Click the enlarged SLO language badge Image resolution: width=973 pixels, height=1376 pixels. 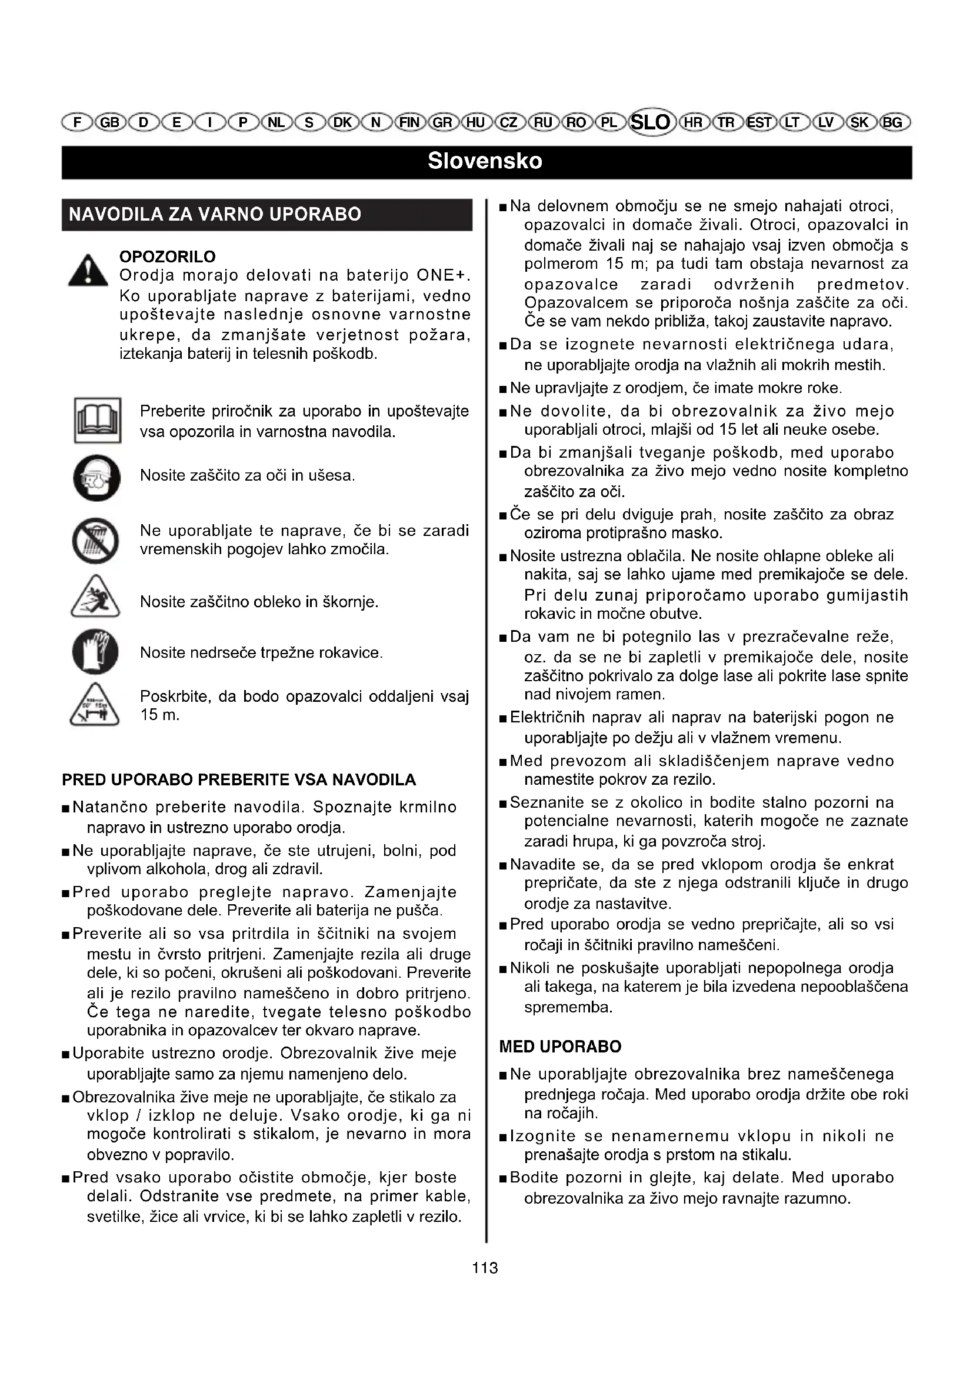coord(651,122)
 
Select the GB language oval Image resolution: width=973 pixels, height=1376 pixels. coord(110,123)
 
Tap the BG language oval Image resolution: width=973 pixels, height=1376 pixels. coord(892,123)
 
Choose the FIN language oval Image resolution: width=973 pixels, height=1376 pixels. coord(411,123)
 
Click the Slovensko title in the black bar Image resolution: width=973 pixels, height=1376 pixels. coord(485,161)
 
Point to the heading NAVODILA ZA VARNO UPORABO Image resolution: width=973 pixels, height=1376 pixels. coord(215,215)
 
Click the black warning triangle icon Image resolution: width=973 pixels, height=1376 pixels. coord(88,271)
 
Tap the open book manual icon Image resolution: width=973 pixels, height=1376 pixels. coord(98,420)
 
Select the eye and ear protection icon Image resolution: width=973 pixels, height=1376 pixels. coord(96,478)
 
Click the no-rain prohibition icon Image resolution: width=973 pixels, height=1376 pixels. coord(96,541)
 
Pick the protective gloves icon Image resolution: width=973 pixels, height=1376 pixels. coord(95,651)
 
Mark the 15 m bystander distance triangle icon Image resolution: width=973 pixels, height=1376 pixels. coord(95,706)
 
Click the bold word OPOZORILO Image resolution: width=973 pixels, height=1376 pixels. coord(168,256)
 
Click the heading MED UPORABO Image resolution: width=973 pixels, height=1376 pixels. coord(560,1047)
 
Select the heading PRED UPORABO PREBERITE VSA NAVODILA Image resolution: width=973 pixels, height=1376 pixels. coord(238,779)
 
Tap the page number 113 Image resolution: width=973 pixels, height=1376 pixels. coord(485,1268)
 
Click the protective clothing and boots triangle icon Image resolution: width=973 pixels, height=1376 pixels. coord(95,598)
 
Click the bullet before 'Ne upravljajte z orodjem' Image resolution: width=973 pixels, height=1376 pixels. coord(504,389)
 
